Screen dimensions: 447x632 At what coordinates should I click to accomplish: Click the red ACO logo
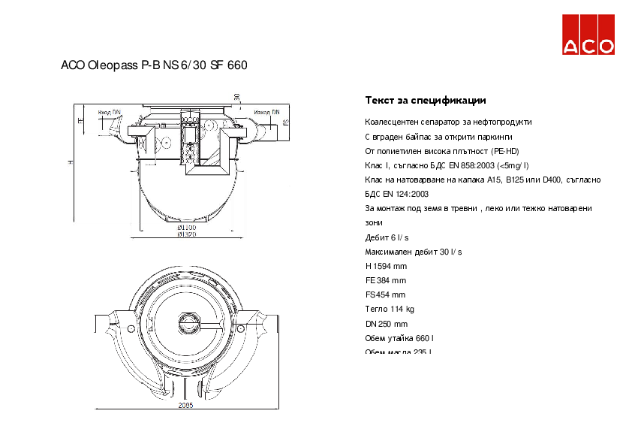589,35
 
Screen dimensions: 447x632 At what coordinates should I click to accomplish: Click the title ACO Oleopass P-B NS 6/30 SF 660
154,65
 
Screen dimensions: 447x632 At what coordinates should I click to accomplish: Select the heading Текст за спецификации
426,100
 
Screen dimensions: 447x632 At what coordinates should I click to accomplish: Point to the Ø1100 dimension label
186,227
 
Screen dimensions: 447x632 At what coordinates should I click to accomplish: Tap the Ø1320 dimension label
186,234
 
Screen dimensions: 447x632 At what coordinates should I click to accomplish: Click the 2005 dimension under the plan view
185,405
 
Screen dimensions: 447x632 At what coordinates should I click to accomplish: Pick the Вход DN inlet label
109,112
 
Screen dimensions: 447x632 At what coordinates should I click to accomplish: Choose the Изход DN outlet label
266,112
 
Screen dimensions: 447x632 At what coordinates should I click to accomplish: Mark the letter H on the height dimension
70,162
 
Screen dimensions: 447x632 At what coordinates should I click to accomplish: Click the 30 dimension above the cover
236,96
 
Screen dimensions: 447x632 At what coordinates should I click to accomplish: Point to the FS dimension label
287,121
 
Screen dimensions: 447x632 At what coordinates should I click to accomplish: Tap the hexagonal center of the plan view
187,323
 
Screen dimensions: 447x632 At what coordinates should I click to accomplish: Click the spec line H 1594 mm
386,266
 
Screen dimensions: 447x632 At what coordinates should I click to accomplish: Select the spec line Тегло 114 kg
390,309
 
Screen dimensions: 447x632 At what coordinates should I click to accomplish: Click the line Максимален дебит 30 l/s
414,252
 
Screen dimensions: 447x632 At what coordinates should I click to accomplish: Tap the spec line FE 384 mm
385,280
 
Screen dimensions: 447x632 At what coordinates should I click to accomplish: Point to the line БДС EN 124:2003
391,194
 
